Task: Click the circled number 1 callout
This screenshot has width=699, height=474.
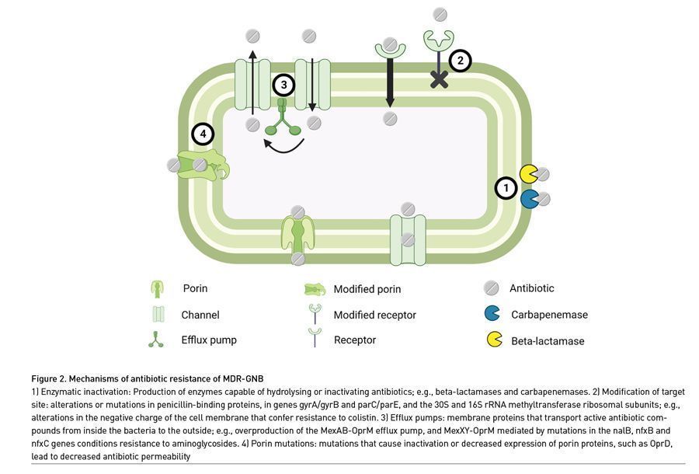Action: click(x=506, y=187)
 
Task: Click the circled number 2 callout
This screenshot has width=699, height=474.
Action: click(x=461, y=61)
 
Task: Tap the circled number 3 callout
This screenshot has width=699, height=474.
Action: click(x=283, y=85)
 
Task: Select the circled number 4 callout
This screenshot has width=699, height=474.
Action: click(x=203, y=134)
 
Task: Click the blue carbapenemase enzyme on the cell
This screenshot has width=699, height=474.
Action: click(x=529, y=199)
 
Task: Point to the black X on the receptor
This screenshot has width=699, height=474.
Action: click(x=439, y=79)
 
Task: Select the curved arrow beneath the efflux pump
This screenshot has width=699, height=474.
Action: click(x=283, y=146)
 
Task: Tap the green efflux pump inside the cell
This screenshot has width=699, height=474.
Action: click(x=282, y=123)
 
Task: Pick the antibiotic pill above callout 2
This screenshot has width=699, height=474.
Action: click(x=440, y=14)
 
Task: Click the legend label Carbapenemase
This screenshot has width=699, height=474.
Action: click(x=549, y=315)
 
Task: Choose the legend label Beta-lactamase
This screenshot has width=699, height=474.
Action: click(x=548, y=340)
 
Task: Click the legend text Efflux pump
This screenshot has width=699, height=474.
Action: click(x=210, y=340)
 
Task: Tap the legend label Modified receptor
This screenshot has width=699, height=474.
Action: click(x=374, y=315)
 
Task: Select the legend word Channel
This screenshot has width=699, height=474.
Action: click(x=200, y=315)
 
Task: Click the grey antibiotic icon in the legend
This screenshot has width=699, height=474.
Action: click(x=491, y=288)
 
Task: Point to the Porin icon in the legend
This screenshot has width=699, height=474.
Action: click(x=156, y=289)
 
